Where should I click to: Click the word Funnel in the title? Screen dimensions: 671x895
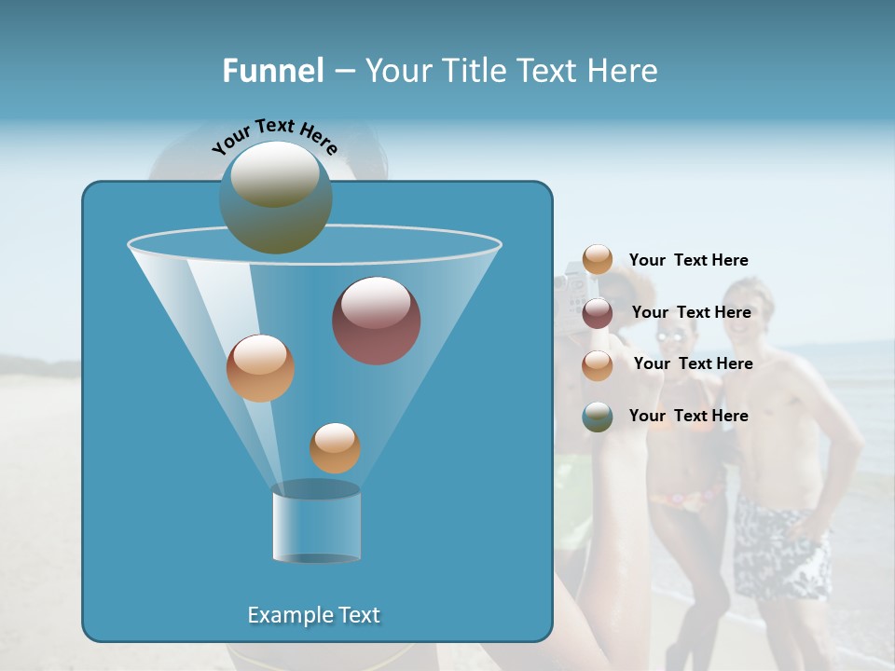click(272, 71)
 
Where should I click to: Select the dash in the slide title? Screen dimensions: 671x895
click(344, 72)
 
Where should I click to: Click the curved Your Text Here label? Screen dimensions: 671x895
click(274, 135)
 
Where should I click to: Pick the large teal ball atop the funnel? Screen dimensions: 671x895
click(275, 198)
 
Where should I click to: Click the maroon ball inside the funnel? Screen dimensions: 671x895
click(377, 321)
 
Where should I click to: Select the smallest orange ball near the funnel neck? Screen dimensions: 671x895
click(335, 447)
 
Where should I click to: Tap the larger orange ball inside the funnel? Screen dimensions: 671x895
click(260, 368)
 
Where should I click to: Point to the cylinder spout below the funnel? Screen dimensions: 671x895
click(317, 524)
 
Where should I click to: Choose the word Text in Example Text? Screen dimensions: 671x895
click(357, 615)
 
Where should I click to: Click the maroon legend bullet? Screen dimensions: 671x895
click(598, 313)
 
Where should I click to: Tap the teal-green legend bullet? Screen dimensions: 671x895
click(598, 417)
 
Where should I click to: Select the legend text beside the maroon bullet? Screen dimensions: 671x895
click(691, 313)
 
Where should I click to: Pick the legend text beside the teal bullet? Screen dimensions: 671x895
click(688, 416)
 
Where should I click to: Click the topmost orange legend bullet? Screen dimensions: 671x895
click(598, 260)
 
